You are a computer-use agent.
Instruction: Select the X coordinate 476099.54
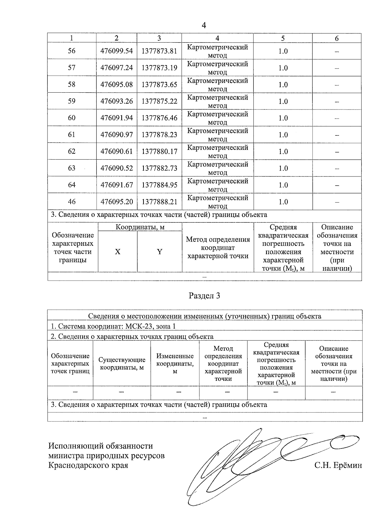pos(117,51)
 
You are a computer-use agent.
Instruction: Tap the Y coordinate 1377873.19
pos(159,68)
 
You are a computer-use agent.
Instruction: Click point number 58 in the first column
pos(72,84)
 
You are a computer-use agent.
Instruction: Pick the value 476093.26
pos(117,101)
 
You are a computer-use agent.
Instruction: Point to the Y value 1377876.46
pos(159,118)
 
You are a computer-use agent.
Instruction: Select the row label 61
pos(72,135)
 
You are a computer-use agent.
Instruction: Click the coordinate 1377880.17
pos(159,151)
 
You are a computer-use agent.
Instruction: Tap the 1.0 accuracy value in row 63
pos(283,168)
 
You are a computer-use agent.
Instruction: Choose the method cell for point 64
pos(217,185)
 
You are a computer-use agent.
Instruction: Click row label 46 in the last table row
pos(72,202)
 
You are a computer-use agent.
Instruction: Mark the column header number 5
pos(283,38)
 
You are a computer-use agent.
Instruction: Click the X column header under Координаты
pos(117,252)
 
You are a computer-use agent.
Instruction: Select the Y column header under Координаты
pos(159,252)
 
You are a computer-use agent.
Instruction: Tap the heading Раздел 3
pos(204,296)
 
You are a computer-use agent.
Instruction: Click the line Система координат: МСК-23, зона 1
pos(113,326)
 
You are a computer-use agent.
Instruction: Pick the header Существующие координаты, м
pos(122,364)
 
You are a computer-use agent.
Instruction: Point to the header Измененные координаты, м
pos(175,364)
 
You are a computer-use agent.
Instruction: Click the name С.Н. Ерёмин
pos(338,465)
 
